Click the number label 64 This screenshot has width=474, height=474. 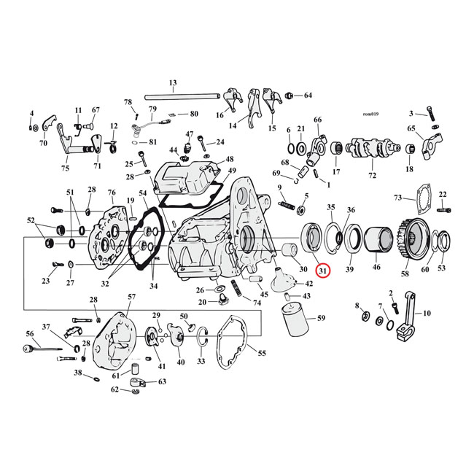tap(308, 96)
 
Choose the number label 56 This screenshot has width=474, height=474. tap(30, 333)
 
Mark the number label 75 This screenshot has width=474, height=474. tap(65, 168)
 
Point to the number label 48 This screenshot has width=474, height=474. tap(229, 159)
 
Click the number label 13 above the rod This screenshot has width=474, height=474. tap(173, 82)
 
